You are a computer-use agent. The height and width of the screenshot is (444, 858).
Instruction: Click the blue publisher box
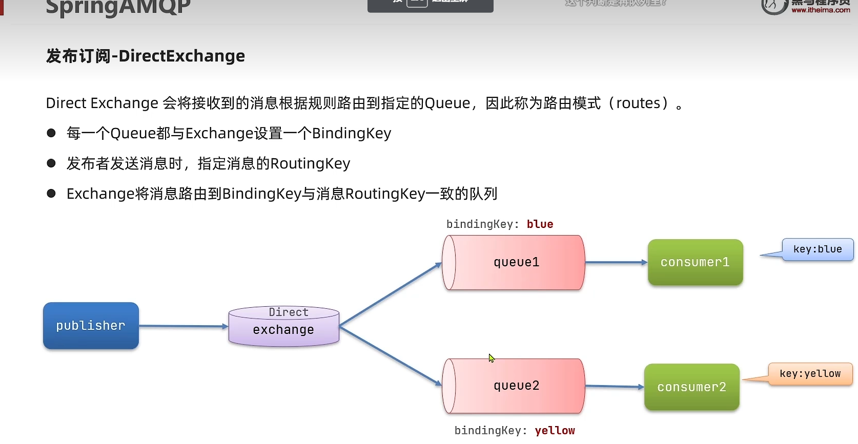coord(91,326)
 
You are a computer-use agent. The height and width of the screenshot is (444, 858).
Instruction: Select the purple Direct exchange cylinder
coord(283,327)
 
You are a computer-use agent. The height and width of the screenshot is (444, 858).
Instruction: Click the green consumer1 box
coord(695,262)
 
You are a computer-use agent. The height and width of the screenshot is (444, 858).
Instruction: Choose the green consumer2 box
coord(691,387)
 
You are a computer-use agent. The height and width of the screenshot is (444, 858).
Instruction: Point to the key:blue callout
coord(817,249)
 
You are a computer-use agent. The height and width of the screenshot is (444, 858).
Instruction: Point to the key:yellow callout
coord(810,374)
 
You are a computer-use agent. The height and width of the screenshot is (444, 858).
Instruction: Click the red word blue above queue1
coord(540,224)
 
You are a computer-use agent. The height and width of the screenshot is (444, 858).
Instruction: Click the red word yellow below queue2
coord(555,431)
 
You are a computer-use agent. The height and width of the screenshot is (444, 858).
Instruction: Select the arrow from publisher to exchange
coord(183,326)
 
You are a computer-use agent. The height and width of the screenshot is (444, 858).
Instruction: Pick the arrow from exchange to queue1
coord(390,295)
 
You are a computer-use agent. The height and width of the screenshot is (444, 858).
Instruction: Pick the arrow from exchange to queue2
coord(390,356)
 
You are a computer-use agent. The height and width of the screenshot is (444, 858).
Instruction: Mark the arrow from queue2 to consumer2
coord(614,386)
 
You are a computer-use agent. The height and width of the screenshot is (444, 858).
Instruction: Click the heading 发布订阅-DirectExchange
coord(146,56)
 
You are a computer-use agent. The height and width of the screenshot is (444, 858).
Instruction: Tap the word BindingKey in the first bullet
coord(351,133)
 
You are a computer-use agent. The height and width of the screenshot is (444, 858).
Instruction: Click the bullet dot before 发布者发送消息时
coord(51,163)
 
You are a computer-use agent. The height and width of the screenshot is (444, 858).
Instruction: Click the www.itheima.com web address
coord(821,10)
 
